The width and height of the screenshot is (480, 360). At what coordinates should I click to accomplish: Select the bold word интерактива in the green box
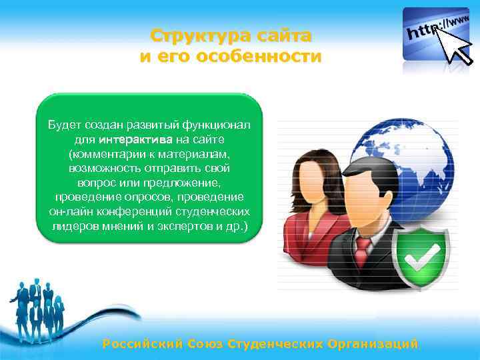[x=136, y=139]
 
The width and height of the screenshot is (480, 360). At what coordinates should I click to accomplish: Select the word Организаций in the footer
[x=373, y=344]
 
